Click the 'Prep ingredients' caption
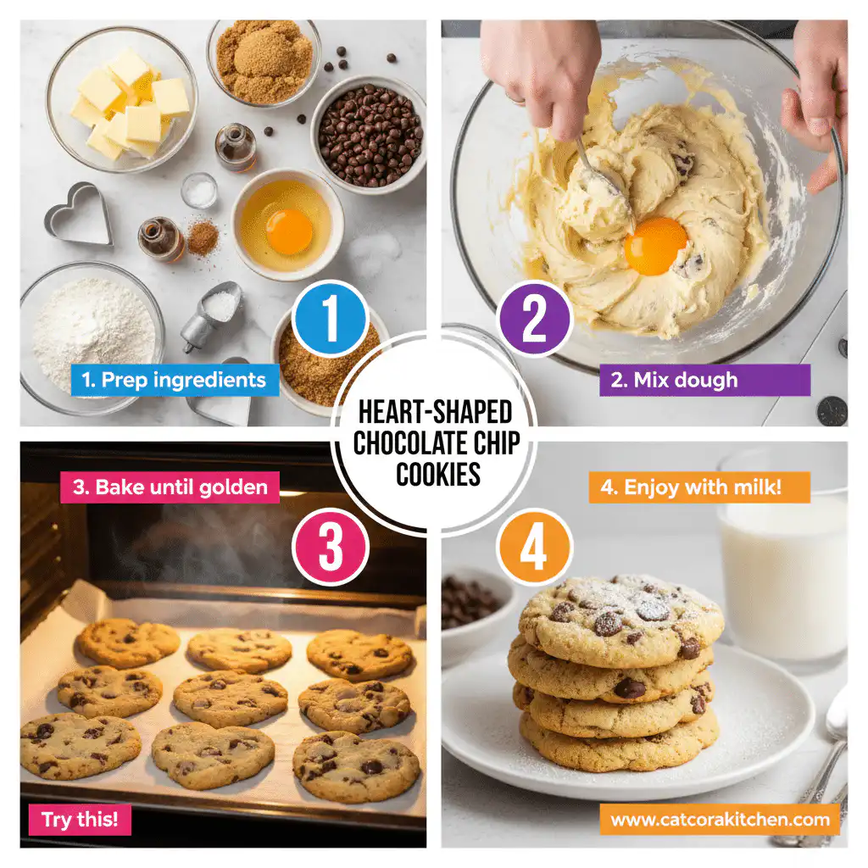[x=175, y=380]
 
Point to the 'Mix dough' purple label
[x=704, y=380]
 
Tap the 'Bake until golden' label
[x=170, y=487]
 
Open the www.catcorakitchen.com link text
[x=721, y=820]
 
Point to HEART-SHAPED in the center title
[x=435, y=413]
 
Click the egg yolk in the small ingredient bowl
[x=289, y=231]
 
